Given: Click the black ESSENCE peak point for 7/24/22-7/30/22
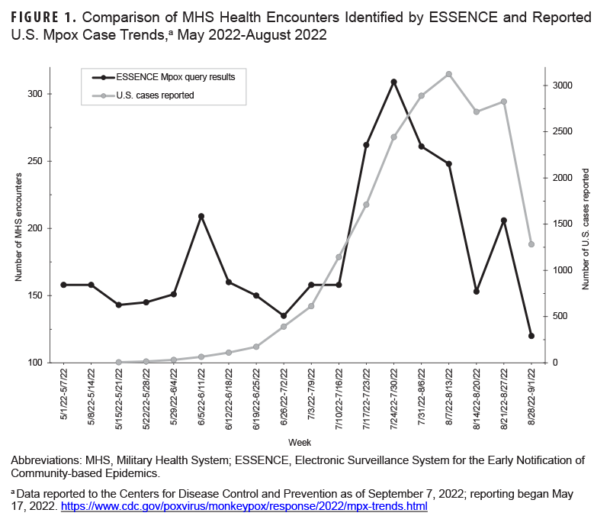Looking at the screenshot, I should (x=393, y=82).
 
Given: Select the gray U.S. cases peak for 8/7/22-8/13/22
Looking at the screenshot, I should (x=449, y=74).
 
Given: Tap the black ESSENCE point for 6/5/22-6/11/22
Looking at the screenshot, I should (x=201, y=216).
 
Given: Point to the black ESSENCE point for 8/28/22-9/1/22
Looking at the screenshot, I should (x=531, y=336).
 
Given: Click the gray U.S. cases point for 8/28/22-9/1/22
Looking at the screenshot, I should (x=531, y=244).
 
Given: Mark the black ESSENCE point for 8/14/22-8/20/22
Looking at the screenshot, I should (x=477, y=292).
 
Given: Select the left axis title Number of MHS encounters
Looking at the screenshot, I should (x=18, y=228).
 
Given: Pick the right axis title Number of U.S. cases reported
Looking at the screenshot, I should (x=586, y=228).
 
